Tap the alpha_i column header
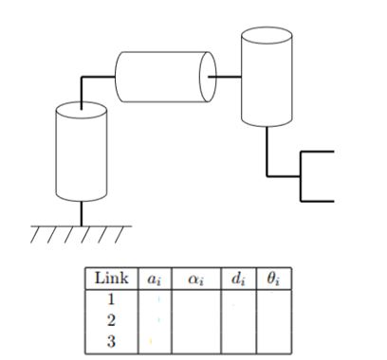click(x=197, y=280)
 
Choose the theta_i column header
click(x=274, y=280)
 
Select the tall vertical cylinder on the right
click(x=265, y=78)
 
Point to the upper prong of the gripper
click(x=318, y=152)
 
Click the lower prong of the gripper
click(x=318, y=201)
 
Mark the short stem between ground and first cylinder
click(x=81, y=213)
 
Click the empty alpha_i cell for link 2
click(x=197, y=320)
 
